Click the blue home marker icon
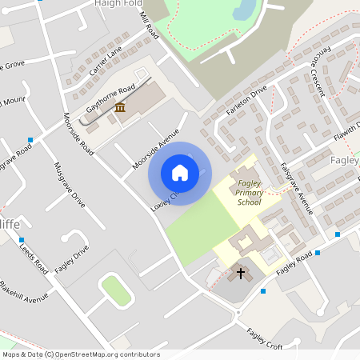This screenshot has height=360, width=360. (180, 172)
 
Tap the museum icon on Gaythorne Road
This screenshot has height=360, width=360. (120, 107)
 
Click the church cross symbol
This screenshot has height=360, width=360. (240, 274)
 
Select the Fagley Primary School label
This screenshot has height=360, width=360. (250, 193)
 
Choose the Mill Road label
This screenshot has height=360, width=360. (149, 29)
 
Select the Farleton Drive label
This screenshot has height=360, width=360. (246, 102)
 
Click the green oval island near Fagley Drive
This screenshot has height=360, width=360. (116, 290)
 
